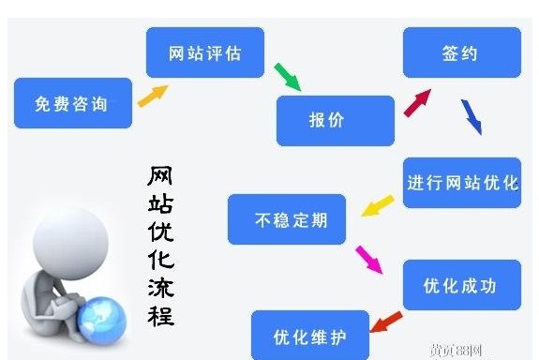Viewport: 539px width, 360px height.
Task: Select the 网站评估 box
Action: (205, 52)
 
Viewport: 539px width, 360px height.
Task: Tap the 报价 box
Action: (335, 121)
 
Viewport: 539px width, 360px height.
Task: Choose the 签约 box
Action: (461, 52)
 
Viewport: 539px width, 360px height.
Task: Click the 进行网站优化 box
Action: (461, 183)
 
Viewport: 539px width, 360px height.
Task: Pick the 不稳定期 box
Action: (287, 219)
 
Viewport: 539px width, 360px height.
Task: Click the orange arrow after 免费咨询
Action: (153, 95)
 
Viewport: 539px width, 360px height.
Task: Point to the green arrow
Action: (287, 77)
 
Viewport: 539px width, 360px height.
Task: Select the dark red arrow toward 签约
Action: (416, 101)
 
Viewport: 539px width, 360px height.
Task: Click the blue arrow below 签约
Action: (471, 116)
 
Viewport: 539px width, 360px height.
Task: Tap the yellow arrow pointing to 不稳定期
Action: (377, 205)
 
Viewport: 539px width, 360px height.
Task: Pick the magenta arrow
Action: (368, 259)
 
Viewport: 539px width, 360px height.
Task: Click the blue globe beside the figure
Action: (103, 320)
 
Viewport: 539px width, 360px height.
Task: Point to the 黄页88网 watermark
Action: (456, 351)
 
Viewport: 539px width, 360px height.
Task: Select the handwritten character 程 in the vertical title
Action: (160, 312)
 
